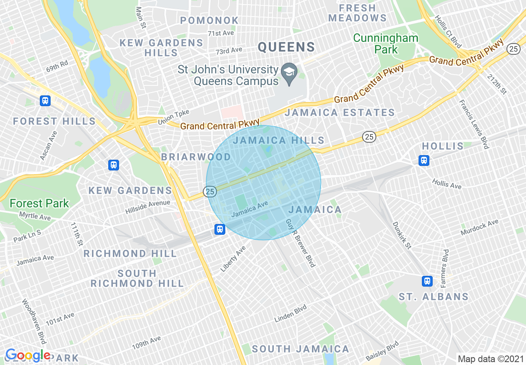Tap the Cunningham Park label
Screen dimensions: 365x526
click(385, 44)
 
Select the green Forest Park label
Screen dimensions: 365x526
click(39, 203)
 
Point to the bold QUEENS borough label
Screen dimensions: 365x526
click(286, 47)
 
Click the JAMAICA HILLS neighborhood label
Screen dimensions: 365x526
click(278, 140)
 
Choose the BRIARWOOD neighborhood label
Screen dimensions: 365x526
click(196, 157)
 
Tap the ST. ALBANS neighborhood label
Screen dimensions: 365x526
click(433, 297)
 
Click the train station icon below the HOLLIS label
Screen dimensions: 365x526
click(424, 160)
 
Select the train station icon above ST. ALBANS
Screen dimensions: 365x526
click(427, 281)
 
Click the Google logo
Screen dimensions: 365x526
click(28, 355)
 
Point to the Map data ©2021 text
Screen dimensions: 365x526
click(490, 358)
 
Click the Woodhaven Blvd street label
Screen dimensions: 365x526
click(34, 321)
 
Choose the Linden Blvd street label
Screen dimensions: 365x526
click(290, 314)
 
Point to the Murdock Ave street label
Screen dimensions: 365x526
click(479, 228)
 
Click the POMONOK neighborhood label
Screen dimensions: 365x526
click(209, 20)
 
